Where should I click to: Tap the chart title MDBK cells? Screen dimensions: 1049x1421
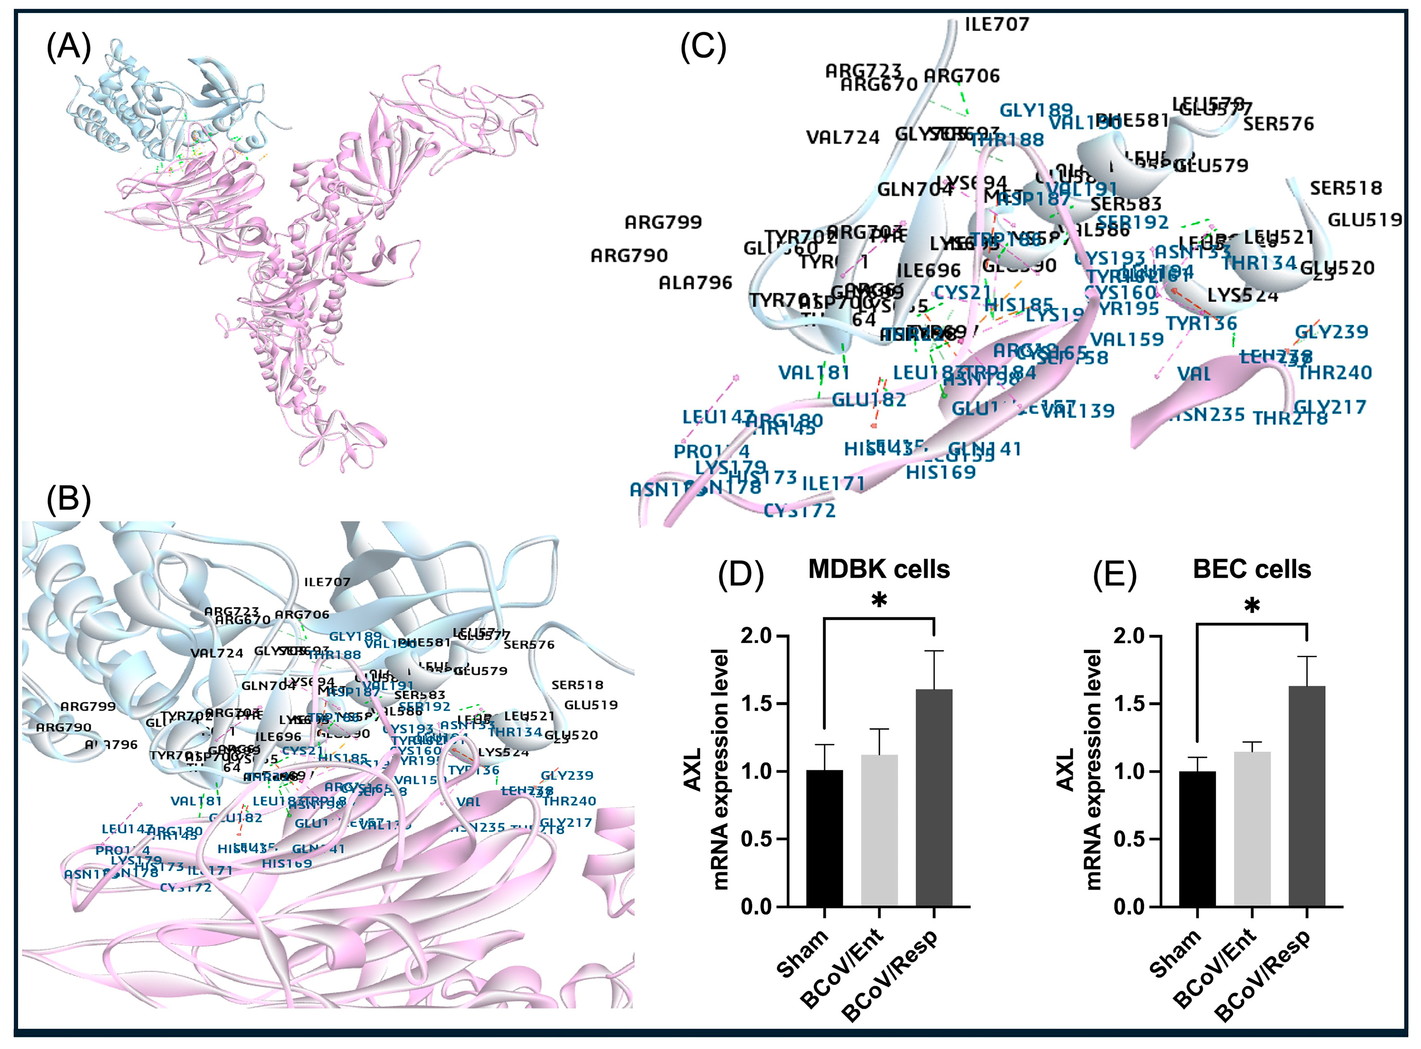[x=879, y=569]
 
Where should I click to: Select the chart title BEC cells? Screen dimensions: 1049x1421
[x=1251, y=569]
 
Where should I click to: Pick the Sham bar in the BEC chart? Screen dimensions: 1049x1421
[x=1197, y=838]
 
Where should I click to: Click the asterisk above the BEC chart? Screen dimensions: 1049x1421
[x=1251, y=606]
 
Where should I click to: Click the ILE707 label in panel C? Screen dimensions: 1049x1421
[x=997, y=24]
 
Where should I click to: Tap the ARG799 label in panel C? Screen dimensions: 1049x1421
[x=663, y=222]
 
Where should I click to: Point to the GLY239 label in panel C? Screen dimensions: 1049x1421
[x=1331, y=331]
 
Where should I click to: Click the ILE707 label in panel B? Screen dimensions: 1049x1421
[x=327, y=582]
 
